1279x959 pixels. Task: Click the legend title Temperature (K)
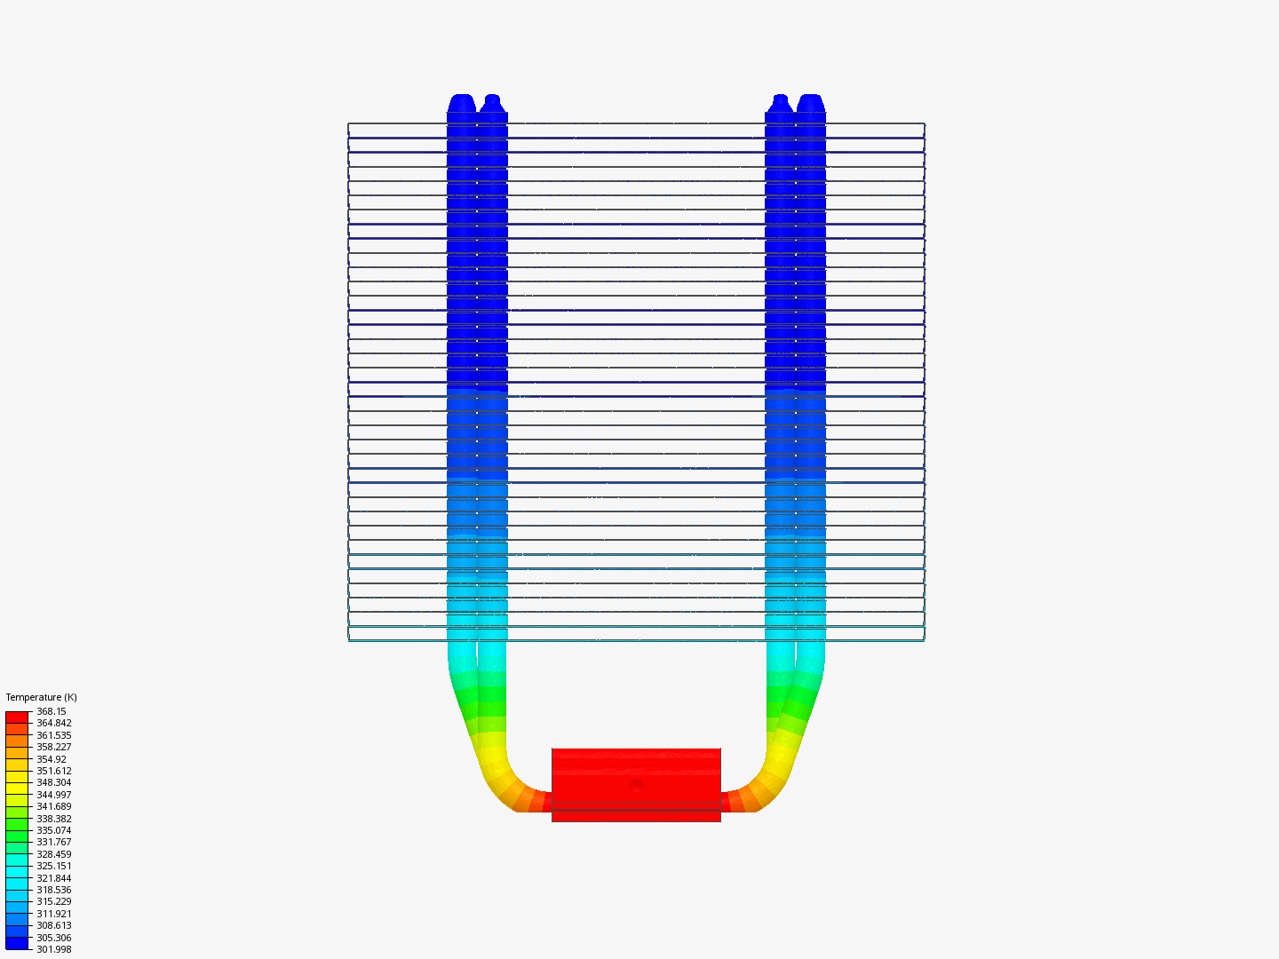[x=41, y=697]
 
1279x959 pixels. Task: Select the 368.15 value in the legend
[x=51, y=711]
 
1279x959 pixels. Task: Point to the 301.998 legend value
[x=53, y=949]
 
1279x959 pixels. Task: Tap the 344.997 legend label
[x=53, y=795]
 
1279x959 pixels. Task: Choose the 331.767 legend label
[x=53, y=842]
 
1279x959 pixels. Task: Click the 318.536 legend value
[x=53, y=890]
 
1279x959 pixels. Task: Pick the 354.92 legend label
[x=51, y=759]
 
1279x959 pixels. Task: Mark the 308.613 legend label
[x=53, y=925]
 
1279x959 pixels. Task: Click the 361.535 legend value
[x=53, y=735]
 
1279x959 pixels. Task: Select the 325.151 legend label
[x=53, y=866]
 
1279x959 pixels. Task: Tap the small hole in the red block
[x=636, y=786]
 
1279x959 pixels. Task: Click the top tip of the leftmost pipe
[x=462, y=97]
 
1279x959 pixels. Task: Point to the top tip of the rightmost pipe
[x=810, y=97]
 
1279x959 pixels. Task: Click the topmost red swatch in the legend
[x=17, y=717]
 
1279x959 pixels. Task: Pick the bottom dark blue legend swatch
[x=17, y=943]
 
